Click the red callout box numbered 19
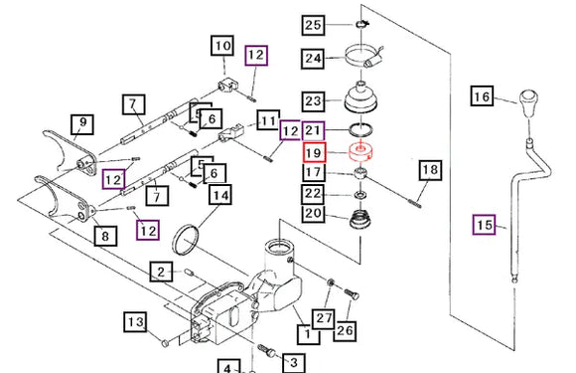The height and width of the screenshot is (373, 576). click(x=314, y=152)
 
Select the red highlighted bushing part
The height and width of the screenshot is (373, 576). click(x=360, y=152)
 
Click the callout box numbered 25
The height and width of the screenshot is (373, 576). click(x=313, y=25)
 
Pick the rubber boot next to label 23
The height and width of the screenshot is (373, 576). click(x=360, y=96)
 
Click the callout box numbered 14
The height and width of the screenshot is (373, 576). click(x=220, y=195)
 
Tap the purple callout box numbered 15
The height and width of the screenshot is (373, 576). click(x=485, y=225)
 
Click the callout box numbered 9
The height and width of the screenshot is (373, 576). click(x=82, y=124)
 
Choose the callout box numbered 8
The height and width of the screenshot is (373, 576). click(x=105, y=236)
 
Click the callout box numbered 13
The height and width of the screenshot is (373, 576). click(x=135, y=322)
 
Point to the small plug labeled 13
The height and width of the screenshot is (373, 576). click(x=165, y=343)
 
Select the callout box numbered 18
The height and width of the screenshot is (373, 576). click(x=431, y=170)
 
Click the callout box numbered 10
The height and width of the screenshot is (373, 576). click(x=222, y=46)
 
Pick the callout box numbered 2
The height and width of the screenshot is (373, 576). click(x=161, y=272)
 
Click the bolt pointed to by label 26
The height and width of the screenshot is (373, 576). click(x=352, y=294)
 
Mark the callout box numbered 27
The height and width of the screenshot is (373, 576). click(x=324, y=318)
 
